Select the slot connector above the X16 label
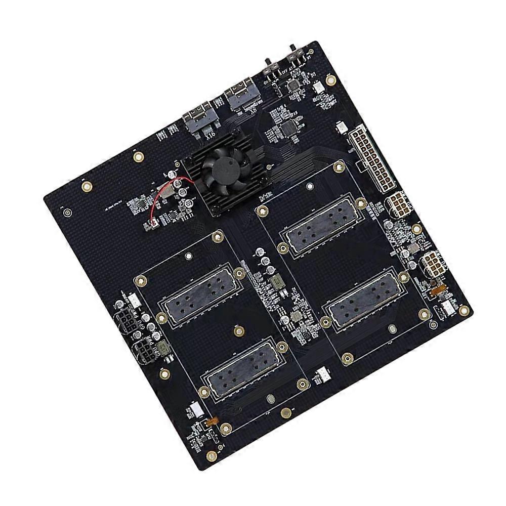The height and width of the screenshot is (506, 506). tap(199, 118)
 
